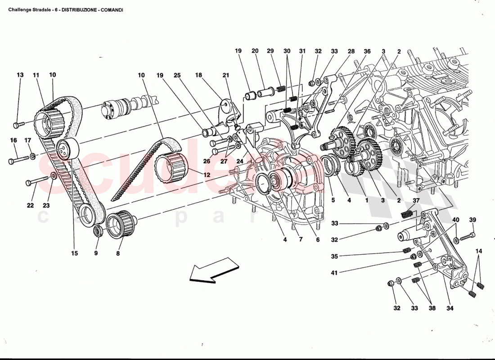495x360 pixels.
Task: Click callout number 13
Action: pos(20,75)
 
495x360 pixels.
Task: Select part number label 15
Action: pos(74,253)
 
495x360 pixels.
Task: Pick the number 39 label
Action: pos(472,220)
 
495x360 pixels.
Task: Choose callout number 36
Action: pos(367,51)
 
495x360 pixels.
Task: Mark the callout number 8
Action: pos(117,253)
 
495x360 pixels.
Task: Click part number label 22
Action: pos(30,206)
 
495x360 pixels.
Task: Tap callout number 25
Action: pos(177,75)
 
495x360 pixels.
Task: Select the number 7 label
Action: pos(301,240)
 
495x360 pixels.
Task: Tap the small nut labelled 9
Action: pos(96,232)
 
